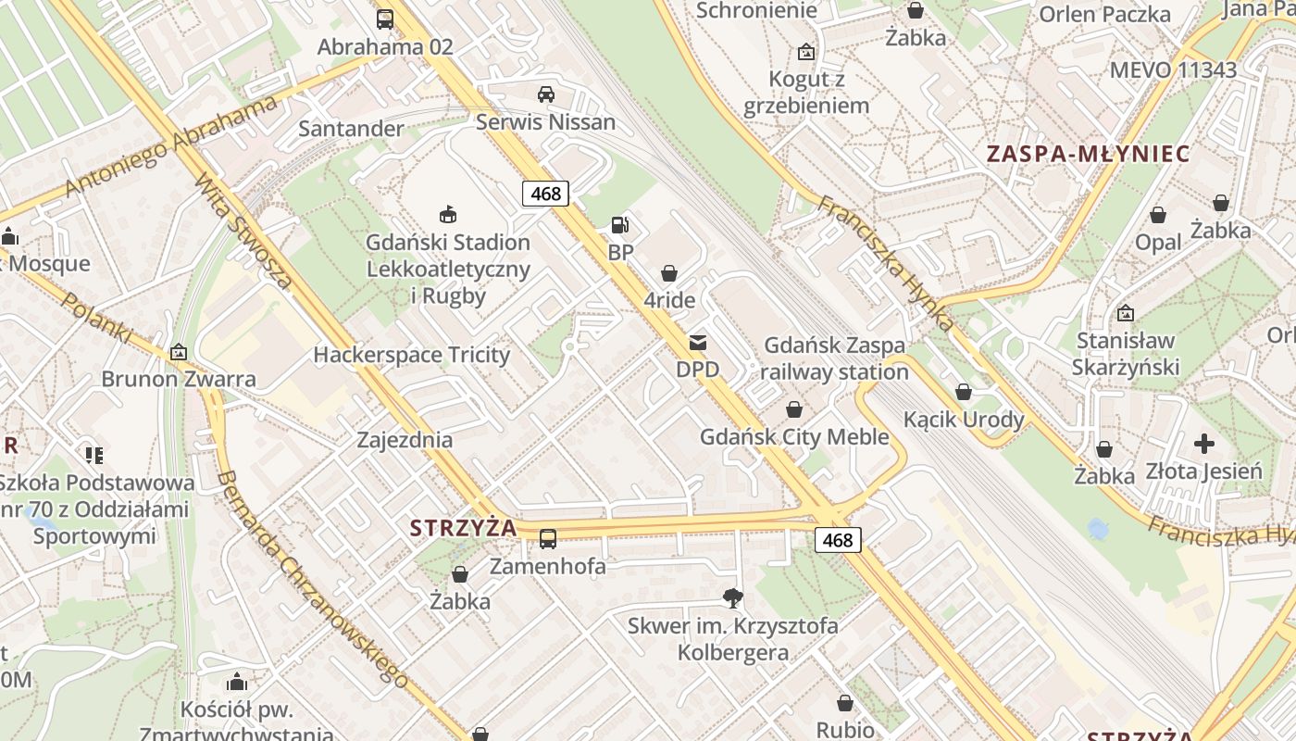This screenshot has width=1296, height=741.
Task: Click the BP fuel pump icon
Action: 619,224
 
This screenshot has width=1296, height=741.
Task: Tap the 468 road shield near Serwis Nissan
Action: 545,193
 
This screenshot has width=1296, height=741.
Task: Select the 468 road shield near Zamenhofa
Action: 838,539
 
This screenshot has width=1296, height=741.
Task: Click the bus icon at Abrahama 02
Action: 385,19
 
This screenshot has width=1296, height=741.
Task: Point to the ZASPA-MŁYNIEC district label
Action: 1088,154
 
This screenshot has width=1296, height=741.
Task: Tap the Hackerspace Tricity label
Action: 411,355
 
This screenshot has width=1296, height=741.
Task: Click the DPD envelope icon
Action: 698,343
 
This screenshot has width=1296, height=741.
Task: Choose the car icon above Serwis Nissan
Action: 546,94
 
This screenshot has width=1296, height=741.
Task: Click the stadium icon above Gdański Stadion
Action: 448,215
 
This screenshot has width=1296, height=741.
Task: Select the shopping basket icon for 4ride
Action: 669,273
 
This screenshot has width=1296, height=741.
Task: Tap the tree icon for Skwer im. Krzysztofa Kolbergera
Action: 732,598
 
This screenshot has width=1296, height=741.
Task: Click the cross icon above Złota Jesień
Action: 1203,444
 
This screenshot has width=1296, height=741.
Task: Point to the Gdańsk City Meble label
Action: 794,436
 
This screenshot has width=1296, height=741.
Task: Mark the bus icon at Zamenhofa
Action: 548,538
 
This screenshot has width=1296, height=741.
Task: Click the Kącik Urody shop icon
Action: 964,392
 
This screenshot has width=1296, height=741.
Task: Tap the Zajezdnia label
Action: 405,440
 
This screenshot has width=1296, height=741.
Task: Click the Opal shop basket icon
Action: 1158,216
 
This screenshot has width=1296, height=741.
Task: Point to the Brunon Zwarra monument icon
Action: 178,352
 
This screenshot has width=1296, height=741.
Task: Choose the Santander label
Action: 351,129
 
